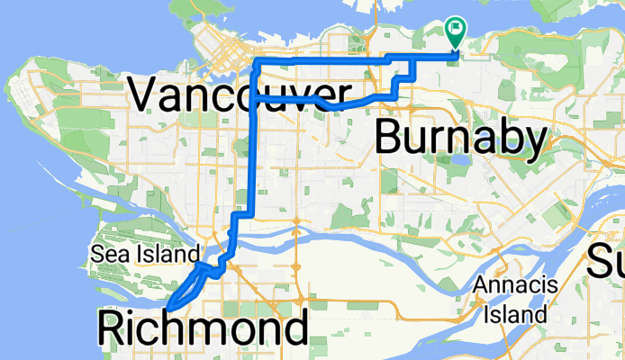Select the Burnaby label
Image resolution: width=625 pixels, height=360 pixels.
pos(460,139)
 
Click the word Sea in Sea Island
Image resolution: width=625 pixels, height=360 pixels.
pos(105,254)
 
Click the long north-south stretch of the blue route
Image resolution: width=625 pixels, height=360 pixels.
pos(258,153)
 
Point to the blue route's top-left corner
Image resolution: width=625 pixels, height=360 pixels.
pos(257,60)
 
